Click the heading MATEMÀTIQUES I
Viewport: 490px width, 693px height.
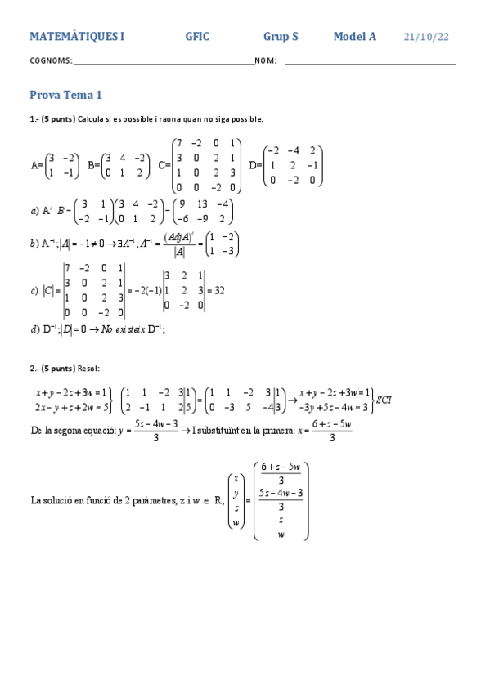pyautogui.click(x=77, y=37)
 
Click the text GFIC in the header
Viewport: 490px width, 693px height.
pyautogui.click(x=197, y=37)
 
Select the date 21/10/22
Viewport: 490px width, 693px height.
pyautogui.click(x=426, y=37)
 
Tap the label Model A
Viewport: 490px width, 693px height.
pyautogui.click(x=354, y=37)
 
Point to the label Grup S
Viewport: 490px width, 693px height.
pyautogui.click(x=281, y=37)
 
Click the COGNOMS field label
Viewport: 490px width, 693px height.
pyautogui.click(x=51, y=60)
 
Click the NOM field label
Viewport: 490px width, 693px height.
pyautogui.click(x=266, y=60)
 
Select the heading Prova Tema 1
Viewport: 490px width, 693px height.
pyautogui.click(x=65, y=96)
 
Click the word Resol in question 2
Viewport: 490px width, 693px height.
pyautogui.click(x=88, y=369)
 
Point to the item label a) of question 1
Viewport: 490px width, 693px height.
pyautogui.click(x=34, y=210)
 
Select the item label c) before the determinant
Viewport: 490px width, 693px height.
pyautogui.click(x=34, y=290)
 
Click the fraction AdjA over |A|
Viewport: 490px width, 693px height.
pyautogui.click(x=178, y=244)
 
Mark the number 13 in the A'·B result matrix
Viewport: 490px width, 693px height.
pyautogui.click(x=202, y=203)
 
